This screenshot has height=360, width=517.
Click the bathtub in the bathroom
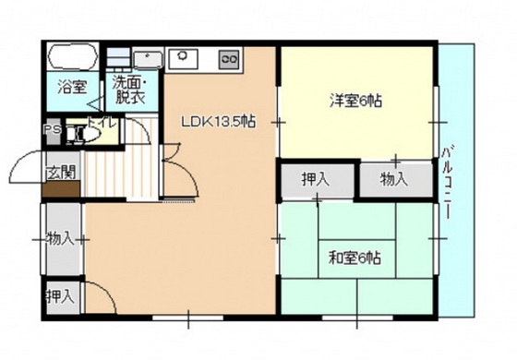click(x=72, y=59)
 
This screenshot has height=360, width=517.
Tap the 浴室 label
click(x=72, y=89)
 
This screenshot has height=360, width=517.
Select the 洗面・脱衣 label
click(x=130, y=90)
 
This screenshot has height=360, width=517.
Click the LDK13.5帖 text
click(x=218, y=121)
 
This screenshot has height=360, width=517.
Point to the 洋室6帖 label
click(x=355, y=101)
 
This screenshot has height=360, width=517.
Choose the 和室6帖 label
click(x=355, y=258)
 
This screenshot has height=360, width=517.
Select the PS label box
click(x=52, y=130)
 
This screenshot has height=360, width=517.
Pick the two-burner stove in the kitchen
click(x=228, y=60)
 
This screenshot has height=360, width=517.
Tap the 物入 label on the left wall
click(x=61, y=239)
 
